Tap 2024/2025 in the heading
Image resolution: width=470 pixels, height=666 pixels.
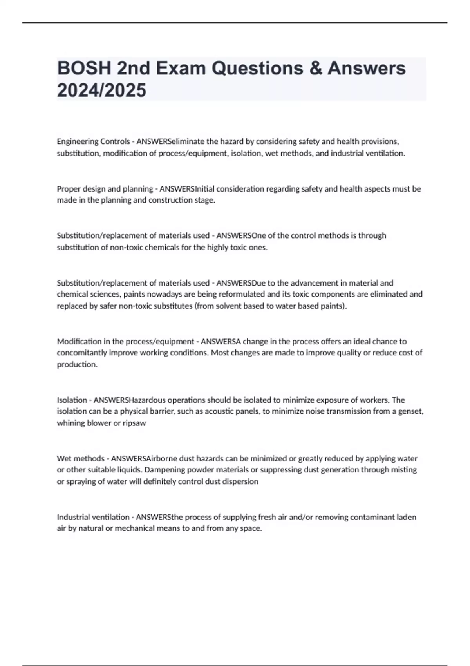[x=101, y=90]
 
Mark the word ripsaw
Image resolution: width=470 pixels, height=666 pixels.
[x=134, y=423]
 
